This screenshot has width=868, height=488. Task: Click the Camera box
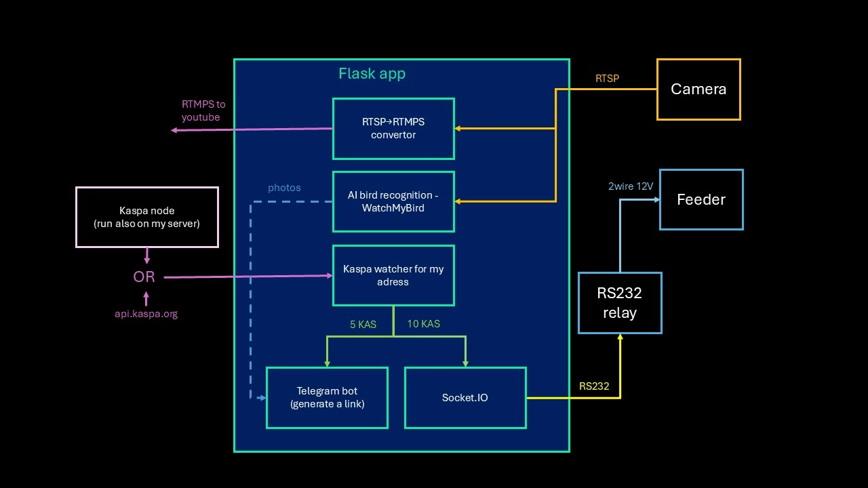[698, 89]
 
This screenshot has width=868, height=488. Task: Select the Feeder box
[701, 200]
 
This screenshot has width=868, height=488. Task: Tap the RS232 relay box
[620, 303]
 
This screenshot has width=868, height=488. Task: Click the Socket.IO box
[465, 398]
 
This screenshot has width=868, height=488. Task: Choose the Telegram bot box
[327, 398]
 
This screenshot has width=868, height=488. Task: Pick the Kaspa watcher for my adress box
[393, 275]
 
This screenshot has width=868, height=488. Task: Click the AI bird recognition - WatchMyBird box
[393, 201]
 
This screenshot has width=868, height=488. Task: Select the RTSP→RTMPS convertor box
[393, 129]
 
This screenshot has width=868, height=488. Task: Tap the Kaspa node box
[147, 217]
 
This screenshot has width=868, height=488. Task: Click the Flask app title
[372, 74]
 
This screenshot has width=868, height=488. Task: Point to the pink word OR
[144, 277]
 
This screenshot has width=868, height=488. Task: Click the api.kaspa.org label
[146, 314]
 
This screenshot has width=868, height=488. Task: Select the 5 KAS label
[363, 325]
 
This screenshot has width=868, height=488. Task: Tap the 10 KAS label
[423, 324]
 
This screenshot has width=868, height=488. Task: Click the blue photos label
[284, 188]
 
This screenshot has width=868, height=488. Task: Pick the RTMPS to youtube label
[203, 110]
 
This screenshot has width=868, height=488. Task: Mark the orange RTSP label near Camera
[607, 79]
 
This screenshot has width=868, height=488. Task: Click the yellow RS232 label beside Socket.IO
[594, 386]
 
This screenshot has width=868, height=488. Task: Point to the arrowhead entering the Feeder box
[656, 200]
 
